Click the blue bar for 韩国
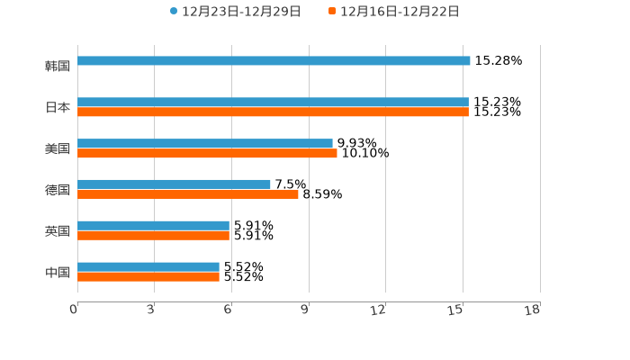coord(274,60)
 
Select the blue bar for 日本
coord(273,103)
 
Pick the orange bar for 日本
coord(273,112)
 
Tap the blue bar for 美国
coord(205,143)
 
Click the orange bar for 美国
coord(207,153)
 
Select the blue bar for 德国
coord(174,184)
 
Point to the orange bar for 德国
coord(188,193)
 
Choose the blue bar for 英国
coord(153,225)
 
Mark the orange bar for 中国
coord(148,276)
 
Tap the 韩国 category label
coord(58,66)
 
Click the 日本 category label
coord(58,107)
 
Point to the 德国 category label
coord(58,190)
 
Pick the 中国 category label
coord(58,272)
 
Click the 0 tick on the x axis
coord(74,310)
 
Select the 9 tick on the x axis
coord(305,310)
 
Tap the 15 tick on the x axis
coord(456,310)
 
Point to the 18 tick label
coord(533,310)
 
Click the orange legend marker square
coord(332,12)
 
